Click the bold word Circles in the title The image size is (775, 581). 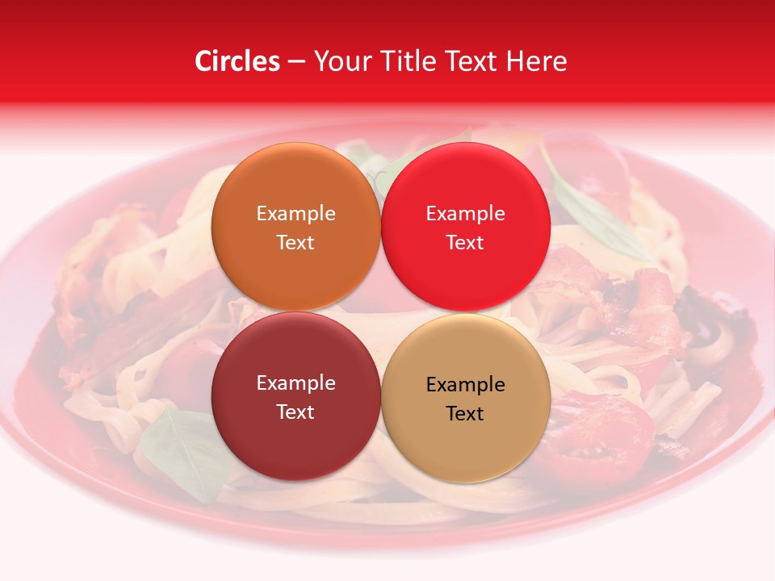237,61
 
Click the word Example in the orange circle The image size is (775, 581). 295,214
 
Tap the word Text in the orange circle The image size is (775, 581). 295,243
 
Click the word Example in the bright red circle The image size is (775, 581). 465,214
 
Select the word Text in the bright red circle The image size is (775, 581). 465,243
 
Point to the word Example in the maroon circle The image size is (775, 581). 295,383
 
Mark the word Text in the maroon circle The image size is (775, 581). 295,412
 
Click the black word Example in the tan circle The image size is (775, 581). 465,385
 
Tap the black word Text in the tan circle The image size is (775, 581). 465,414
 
